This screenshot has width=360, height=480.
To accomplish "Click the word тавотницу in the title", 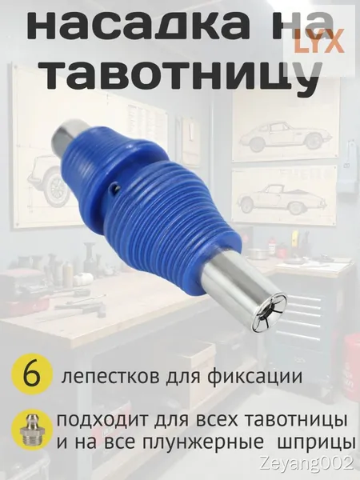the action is (182, 74).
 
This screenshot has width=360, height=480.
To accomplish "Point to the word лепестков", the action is (110, 377).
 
